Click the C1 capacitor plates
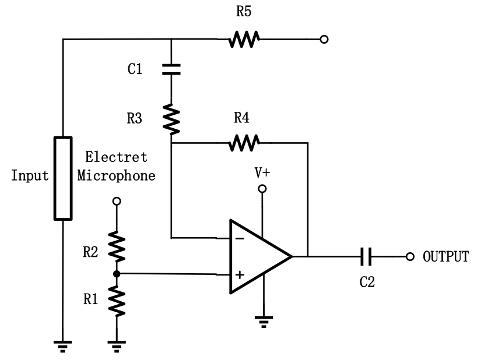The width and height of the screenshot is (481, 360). pyautogui.click(x=171, y=69)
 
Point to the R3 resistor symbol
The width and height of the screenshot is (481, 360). pyautogui.click(x=171, y=118)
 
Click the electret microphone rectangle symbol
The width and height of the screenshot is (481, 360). pyautogui.click(x=63, y=178)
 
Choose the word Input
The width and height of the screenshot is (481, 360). pyautogui.click(x=30, y=176)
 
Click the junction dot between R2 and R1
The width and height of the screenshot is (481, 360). pyautogui.click(x=117, y=274)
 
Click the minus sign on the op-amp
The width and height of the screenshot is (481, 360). pyautogui.click(x=239, y=239)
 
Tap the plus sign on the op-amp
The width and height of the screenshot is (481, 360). pyautogui.click(x=239, y=274)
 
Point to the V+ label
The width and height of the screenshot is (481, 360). pyautogui.click(x=262, y=172)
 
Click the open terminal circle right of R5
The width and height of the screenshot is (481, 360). pyautogui.click(x=324, y=40)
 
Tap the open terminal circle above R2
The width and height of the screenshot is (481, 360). pyautogui.click(x=117, y=201)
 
